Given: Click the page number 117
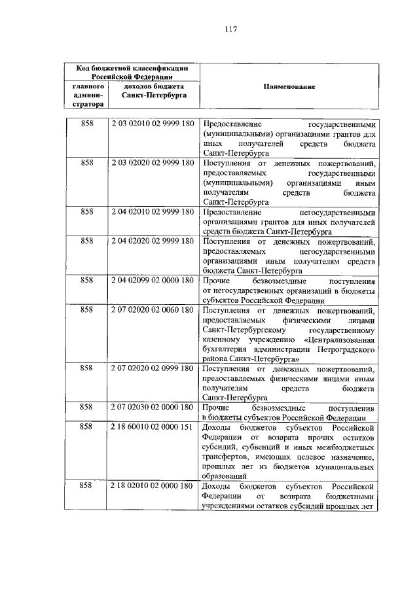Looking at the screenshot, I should [x=230, y=29].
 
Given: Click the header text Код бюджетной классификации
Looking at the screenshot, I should [x=131, y=67].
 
